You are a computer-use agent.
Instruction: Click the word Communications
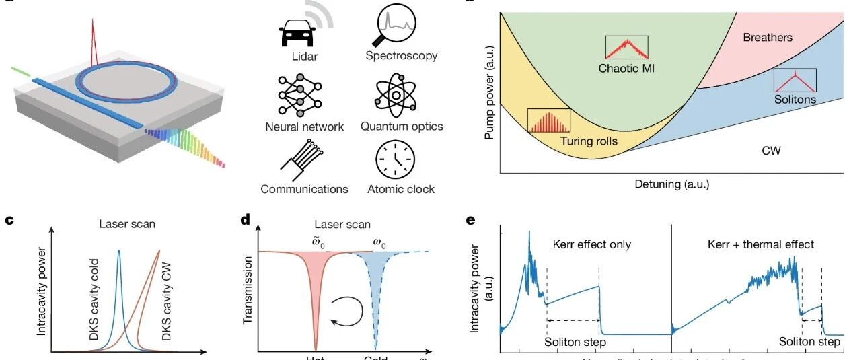pyautogui.click(x=304, y=189)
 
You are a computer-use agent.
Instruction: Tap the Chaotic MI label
pyautogui.click(x=626, y=68)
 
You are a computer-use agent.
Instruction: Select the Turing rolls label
pyautogui.click(x=588, y=141)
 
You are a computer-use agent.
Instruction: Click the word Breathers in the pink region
pyautogui.click(x=768, y=38)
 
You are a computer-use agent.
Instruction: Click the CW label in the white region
pyautogui.click(x=771, y=151)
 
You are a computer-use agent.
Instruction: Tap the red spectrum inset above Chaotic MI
pyautogui.click(x=626, y=47)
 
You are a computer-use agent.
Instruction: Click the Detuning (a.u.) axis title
pyautogui.click(x=672, y=183)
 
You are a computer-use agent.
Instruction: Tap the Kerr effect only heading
pyautogui.click(x=591, y=244)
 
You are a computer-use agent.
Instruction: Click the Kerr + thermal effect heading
pyautogui.click(x=761, y=244)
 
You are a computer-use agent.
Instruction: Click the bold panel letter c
pyautogui.click(x=9, y=219)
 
